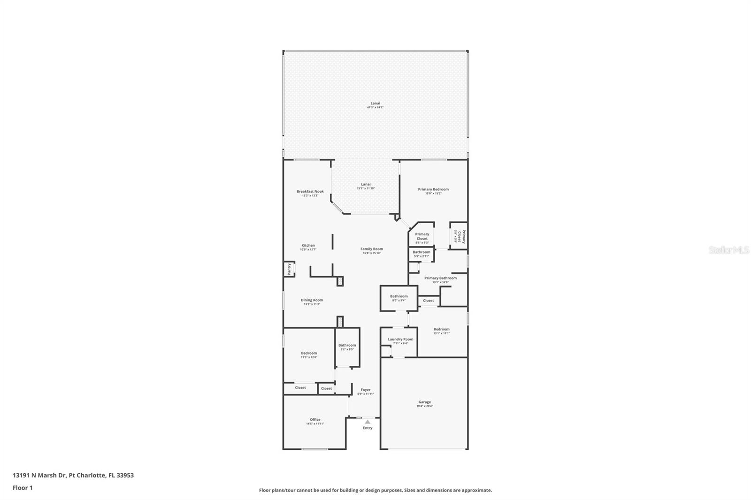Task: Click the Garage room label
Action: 424,402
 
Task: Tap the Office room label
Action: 315,420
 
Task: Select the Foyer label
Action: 366,390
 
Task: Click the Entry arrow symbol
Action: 368,422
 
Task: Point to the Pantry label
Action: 289,269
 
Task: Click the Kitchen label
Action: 308,245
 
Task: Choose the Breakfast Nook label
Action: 310,191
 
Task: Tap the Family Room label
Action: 372,249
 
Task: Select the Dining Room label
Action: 312,300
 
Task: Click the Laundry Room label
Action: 400,339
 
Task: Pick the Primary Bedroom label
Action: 433,189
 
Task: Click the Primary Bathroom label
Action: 440,278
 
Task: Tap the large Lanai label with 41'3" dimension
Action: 375,103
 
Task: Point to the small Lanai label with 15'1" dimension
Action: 366,184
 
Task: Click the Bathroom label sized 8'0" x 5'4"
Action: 399,296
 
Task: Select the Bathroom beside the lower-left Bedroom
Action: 347,345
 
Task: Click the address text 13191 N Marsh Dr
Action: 73,475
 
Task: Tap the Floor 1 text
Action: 23,488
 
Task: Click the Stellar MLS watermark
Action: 729,250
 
